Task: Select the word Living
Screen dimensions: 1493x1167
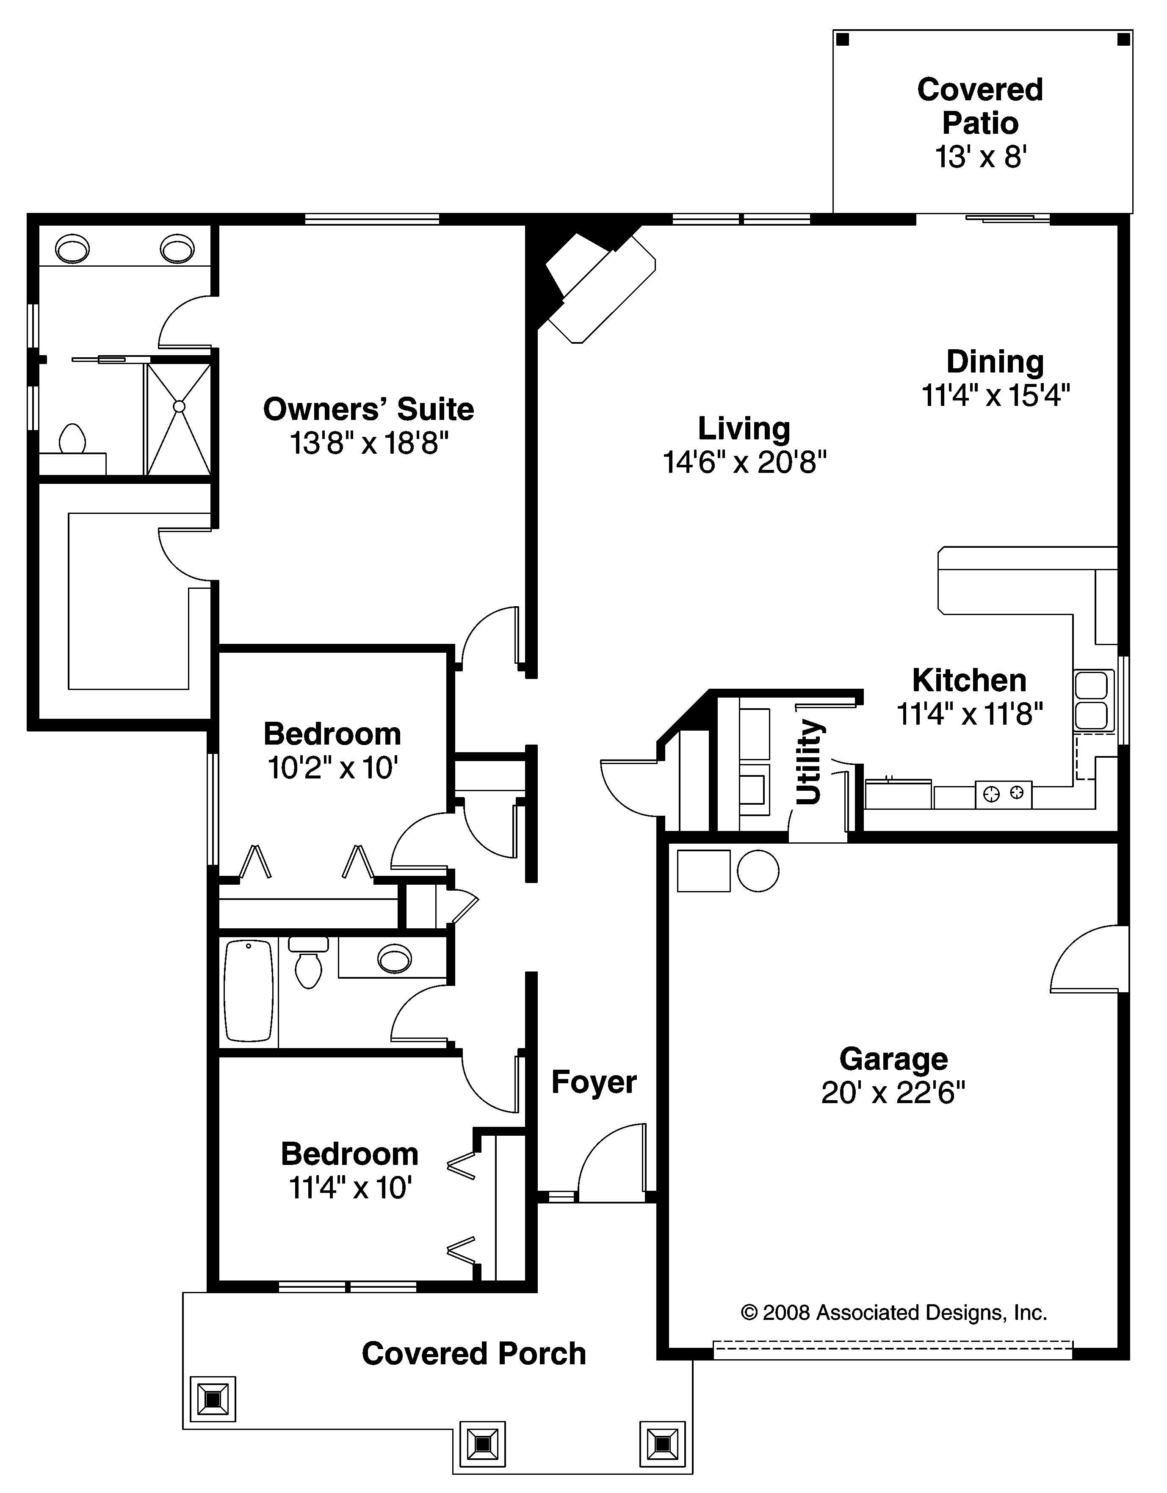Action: click(744, 429)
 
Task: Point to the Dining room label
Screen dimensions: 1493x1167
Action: click(995, 362)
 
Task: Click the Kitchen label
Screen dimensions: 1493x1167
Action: click(969, 680)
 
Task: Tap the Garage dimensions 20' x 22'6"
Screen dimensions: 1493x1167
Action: click(893, 1093)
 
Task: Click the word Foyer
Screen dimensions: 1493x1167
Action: click(593, 1082)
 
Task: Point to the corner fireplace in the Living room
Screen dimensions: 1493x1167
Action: click(598, 284)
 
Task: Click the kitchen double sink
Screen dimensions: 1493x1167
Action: click(1091, 700)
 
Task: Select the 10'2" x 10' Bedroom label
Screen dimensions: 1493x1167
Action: click(332, 751)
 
